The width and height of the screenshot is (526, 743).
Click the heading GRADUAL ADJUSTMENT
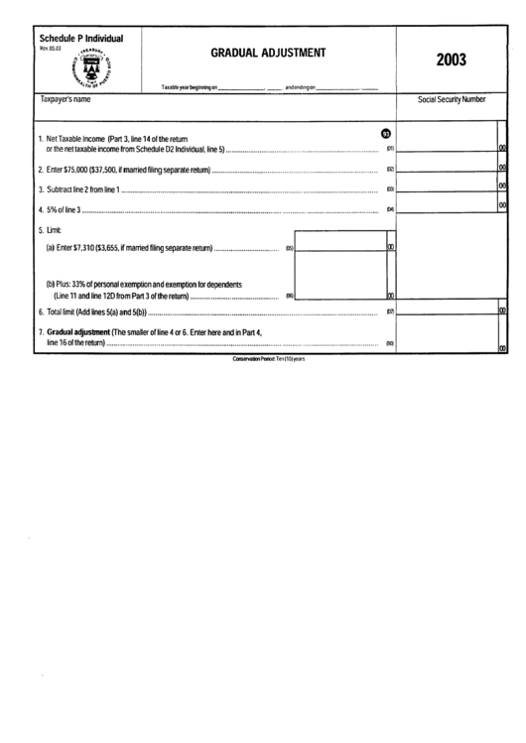point(268,54)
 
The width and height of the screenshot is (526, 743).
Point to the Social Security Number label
point(452,100)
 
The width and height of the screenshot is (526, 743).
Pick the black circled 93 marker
point(386,135)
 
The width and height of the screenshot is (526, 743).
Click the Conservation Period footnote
point(268,358)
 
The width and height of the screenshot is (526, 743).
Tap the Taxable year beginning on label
point(189,89)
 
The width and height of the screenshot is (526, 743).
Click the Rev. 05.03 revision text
point(49,48)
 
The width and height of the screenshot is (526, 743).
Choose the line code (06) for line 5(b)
point(290,296)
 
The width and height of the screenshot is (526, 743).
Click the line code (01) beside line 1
point(390,150)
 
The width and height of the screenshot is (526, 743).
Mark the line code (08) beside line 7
point(390,344)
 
